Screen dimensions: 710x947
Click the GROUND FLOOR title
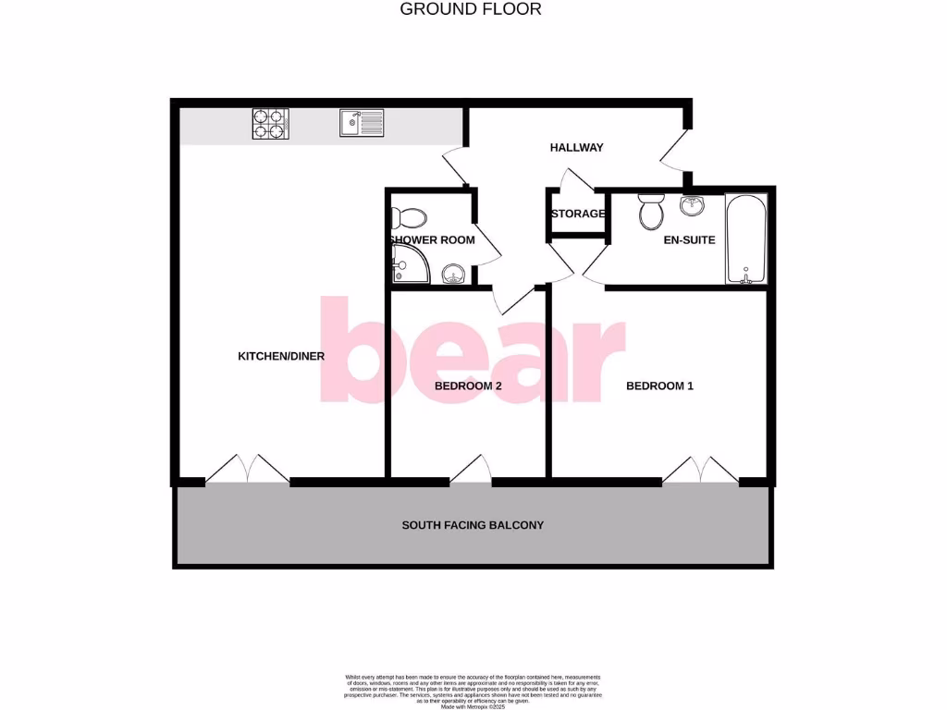tap(470, 9)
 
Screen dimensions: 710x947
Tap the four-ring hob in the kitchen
tap(270, 124)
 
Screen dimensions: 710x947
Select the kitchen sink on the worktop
tap(361, 123)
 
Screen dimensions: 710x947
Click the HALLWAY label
tap(576, 148)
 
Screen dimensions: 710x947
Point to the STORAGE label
tap(578, 214)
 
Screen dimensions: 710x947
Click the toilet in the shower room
tap(408, 218)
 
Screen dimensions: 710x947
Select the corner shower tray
tap(404, 265)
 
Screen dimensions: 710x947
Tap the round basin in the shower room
tap(453, 274)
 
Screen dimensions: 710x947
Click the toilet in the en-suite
tap(651, 213)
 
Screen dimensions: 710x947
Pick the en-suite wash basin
tap(692, 205)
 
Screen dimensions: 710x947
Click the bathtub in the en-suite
tap(745, 239)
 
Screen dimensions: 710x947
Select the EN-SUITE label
tap(690, 240)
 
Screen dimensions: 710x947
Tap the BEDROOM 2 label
tap(468, 386)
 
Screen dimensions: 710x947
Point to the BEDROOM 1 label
tap(659, 386)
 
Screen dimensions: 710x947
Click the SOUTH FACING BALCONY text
tap(473, 525)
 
